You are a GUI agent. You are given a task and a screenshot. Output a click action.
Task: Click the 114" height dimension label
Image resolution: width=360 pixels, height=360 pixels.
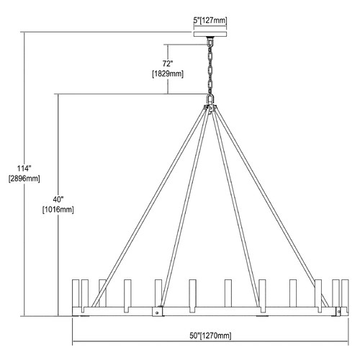point(24,168)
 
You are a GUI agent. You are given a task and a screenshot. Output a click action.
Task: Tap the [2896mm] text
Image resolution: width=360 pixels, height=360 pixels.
point(24,179)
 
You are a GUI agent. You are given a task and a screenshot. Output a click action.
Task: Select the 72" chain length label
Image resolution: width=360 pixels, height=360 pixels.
point(168,64)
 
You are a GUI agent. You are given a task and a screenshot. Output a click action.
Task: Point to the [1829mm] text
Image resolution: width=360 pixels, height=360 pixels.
point(168,74)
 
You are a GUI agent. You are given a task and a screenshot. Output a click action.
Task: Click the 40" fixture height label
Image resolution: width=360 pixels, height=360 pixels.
point(58,199)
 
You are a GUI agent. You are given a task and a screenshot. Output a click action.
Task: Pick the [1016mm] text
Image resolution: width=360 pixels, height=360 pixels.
point(58,210)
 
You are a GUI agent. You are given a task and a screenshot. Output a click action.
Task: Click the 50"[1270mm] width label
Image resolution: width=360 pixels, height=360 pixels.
point(210,336)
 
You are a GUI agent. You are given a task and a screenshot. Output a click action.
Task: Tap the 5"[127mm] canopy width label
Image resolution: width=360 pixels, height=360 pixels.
point(210,21)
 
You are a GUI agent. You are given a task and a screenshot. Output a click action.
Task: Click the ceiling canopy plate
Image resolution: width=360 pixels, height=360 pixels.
point(210,34)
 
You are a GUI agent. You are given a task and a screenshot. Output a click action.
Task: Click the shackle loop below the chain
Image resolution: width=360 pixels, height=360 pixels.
point(210,99)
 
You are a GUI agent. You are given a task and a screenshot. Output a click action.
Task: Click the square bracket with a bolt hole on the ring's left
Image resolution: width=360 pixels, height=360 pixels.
point(158,312)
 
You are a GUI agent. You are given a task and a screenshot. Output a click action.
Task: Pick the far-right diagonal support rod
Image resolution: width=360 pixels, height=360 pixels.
point(272,208)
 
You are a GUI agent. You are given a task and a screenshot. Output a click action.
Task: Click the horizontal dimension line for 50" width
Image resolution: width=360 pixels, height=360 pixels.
point(210,341)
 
